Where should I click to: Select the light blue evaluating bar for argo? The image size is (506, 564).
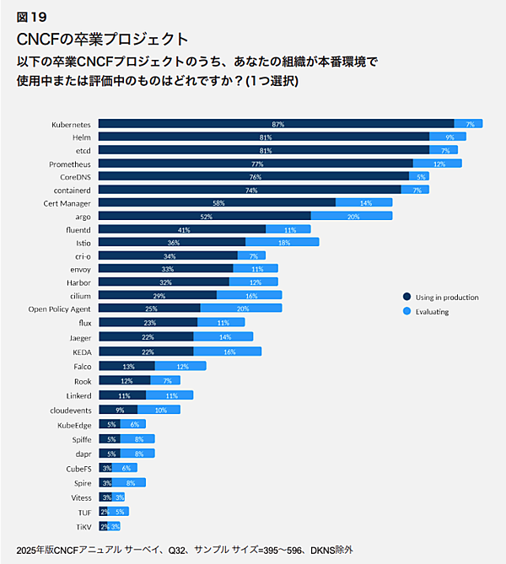[352, 216]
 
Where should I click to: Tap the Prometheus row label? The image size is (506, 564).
[70, 164]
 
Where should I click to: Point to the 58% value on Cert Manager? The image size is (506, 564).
[218, 203]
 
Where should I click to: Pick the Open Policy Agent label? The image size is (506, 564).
[59, 309]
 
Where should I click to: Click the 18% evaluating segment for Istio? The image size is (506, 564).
[282, 243]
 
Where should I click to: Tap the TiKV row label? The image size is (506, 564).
[83, 526]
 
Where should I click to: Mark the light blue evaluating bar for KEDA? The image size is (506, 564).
[227, 352]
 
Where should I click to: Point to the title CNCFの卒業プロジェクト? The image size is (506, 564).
[102, 38]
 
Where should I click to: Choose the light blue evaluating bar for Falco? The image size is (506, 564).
[180, 367]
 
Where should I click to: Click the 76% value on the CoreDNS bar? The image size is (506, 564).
[256, 177]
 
